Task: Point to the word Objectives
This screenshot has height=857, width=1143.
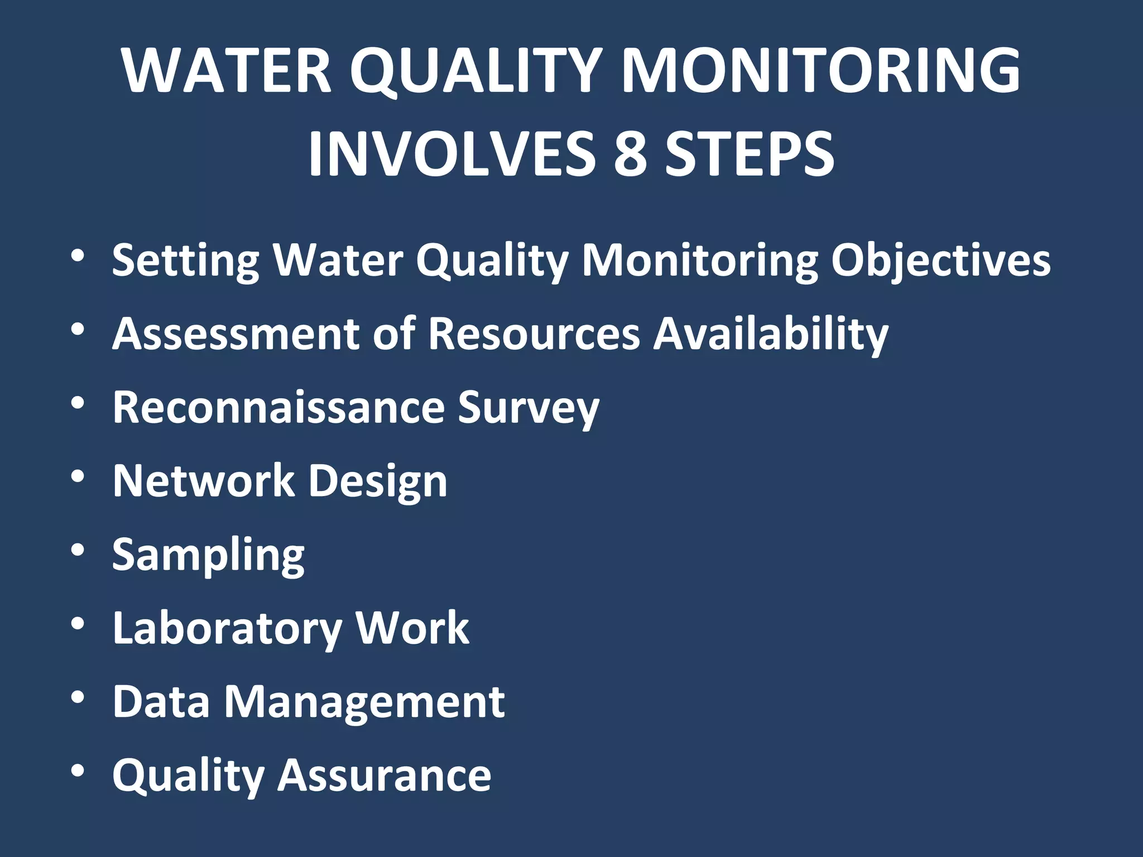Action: click(941, 261)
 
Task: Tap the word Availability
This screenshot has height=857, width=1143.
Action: click(771, 334)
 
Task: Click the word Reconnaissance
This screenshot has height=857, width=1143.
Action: click(278, 407)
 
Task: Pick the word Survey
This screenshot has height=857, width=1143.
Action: click(528, 407)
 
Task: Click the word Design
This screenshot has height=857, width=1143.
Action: click(378, 482)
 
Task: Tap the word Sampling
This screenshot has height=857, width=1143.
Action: click(208, 555)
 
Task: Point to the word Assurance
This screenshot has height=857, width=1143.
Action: click(385, 776)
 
